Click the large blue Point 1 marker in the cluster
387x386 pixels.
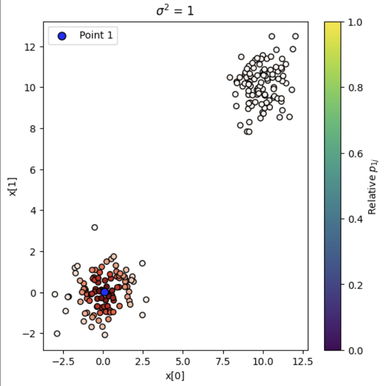[105, 292]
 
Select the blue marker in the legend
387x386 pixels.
[62, 36]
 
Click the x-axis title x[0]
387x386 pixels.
[175, 376]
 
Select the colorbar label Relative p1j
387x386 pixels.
[373, 186]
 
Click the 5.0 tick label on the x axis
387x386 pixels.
[183, 361]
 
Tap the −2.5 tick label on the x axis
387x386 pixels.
[61, 361]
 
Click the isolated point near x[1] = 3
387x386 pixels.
[94, 227]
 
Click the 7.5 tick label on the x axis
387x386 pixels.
[223, 361]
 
